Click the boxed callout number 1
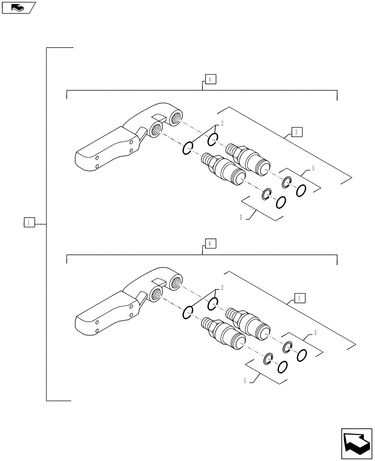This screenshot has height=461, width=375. [28, 223]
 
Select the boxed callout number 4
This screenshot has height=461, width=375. [210, 79]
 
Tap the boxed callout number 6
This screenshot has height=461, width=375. [210, 244]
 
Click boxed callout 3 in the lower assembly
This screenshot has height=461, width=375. [299, 298]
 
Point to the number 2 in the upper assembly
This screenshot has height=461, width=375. [222, 123]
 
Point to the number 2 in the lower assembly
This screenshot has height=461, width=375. [222, 288]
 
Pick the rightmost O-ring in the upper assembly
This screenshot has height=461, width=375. [301, 190]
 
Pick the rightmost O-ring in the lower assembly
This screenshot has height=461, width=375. [302, 355]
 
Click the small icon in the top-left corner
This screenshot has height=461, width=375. [18, 7]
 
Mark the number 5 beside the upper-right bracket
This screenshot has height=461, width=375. [313, 169]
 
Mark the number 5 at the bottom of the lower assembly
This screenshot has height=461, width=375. [244, 381]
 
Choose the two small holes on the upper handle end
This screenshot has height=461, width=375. [97, 162]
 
